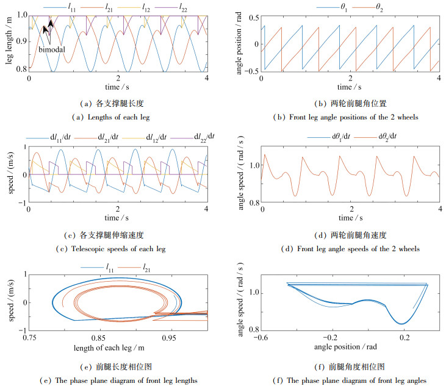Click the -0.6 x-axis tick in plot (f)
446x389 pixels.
pyautogui.click(x=263, y=337)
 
